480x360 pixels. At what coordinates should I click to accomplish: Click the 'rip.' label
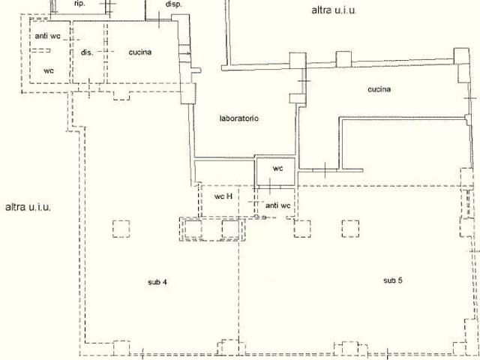tap(79, 4)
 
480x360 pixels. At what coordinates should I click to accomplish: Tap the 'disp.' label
tap(173, 4)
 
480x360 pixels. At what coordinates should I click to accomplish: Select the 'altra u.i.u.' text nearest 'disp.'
tap(334, 10)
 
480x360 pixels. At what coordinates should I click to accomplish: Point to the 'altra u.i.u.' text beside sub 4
tap(28, 207)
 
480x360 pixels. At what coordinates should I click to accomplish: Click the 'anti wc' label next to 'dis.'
tap(48, 36)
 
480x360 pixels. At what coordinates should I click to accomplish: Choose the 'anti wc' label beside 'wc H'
tap(278, 205)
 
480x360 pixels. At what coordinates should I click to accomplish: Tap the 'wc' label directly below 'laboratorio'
tap(278, 168)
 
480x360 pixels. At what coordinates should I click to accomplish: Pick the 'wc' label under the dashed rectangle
tap(49, 70)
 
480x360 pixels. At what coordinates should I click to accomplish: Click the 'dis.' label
tap(87, 52)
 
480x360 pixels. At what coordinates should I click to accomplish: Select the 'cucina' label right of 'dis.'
tap(140, 52)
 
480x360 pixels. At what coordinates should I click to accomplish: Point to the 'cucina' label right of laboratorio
tap(379, 89)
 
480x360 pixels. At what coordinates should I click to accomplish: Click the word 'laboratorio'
tap(239, 118)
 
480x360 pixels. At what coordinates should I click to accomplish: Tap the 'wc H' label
tap(223, 196)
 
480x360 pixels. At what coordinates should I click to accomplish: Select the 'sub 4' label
tap(157, 282)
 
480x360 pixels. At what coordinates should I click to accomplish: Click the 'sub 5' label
tap(393, 280)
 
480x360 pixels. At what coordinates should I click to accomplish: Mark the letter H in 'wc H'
tap(229, 196)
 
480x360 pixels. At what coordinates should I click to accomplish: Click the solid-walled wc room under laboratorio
tap(275, 172)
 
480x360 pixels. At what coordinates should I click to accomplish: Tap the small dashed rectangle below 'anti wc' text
tap(41, 50)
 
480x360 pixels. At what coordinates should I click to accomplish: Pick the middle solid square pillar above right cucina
tap(343, 59)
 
